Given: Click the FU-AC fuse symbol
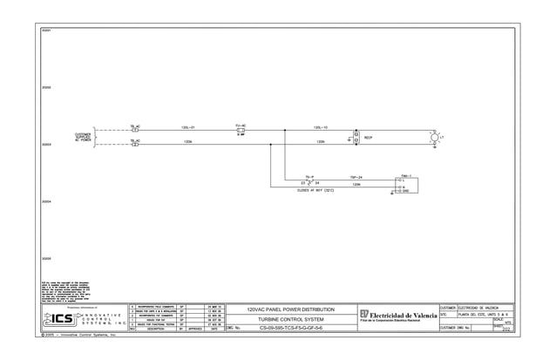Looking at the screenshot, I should click(241, 131).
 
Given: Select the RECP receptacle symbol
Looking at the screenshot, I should click(356, 138).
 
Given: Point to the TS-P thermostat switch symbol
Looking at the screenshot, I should click(310, 183).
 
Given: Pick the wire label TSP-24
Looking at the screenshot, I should click(356, 176).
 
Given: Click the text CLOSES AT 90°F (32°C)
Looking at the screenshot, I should click(311, 192).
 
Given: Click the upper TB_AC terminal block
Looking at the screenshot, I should click(135, 130).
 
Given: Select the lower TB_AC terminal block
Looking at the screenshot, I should click(135, 144).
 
